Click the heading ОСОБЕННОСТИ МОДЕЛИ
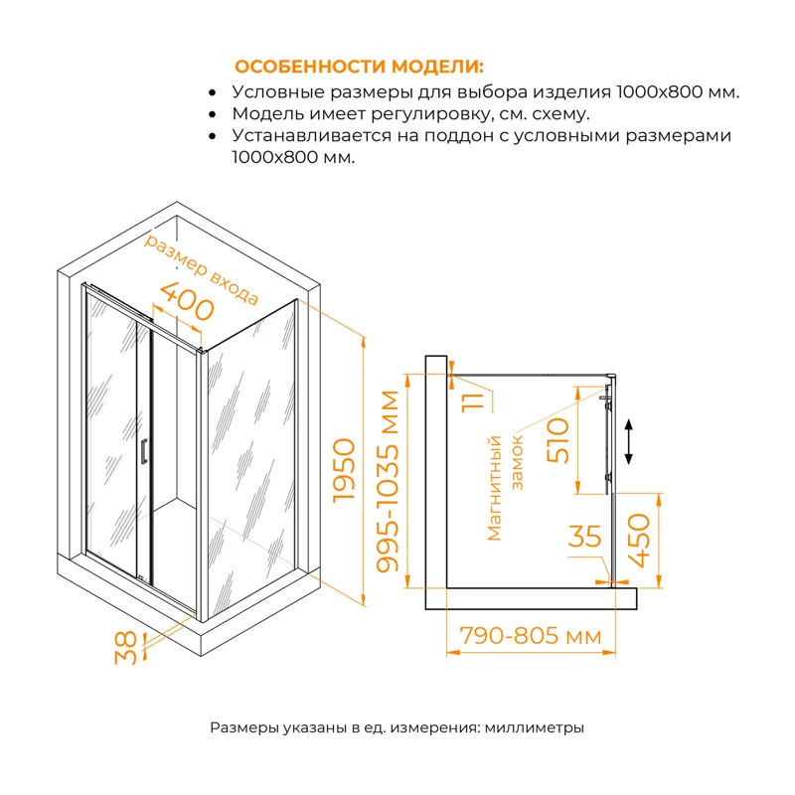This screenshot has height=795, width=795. [x=358, y=67]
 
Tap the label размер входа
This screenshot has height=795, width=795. [x=202, y=269]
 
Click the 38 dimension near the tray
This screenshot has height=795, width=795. [x=126, y=648]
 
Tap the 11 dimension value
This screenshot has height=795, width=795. [x=474, y=399]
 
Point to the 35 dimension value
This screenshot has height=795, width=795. [x=585, y=537]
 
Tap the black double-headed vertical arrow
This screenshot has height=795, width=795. [x=629, y=440]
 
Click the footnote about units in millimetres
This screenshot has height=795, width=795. [x=397, y=727]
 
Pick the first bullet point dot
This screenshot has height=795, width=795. [x=213, y=92]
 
